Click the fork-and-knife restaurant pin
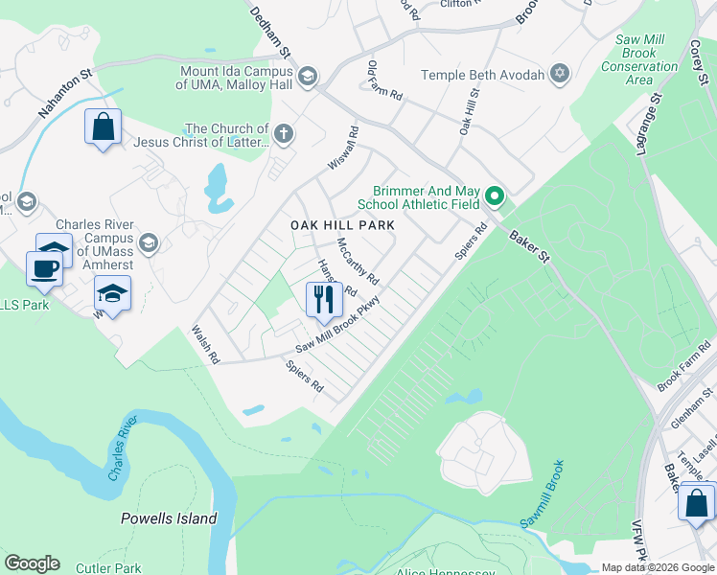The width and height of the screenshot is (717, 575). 324,299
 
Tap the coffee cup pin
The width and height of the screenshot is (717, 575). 44,268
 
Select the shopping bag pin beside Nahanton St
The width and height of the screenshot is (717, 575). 104,126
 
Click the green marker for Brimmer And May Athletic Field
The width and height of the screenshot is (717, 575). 495,196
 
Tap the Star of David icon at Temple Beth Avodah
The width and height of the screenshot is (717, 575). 559,75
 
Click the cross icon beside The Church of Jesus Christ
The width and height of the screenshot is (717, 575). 283,135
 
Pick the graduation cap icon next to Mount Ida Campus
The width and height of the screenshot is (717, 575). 308,77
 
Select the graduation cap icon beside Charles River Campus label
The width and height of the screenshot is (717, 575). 148,242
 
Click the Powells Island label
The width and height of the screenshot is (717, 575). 169,518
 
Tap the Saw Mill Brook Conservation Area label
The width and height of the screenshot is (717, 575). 627,60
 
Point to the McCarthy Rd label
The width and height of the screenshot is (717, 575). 358,261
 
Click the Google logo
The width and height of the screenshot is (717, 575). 32,563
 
